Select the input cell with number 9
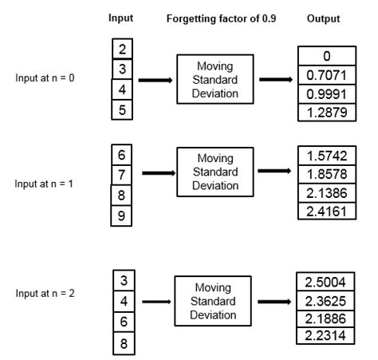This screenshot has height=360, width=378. [x=121, y=215]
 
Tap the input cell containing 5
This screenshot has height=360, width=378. [x=121, y=111]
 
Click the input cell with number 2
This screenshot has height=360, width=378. [x=121, y=50]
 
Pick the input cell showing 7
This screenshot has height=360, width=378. [x=121, y=174]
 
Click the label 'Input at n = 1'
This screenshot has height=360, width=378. [x=45, y=183]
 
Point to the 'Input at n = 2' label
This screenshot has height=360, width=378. [x=45, y=293]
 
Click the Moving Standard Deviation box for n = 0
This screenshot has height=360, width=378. [x=213, y=79]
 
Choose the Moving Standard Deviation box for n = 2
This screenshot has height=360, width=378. [x=213, y=300]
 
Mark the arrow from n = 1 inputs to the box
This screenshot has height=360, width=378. [x=159, y=172]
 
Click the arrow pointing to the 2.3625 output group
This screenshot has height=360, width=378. [x=273, y=302]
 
